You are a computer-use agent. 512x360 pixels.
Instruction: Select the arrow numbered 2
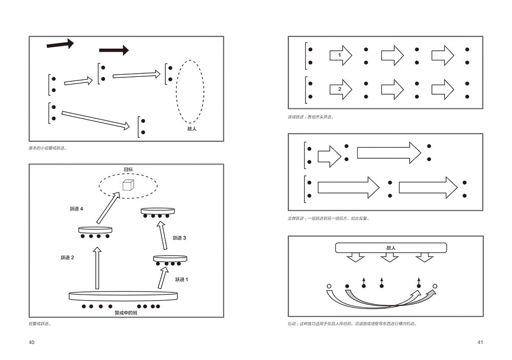[340, 89]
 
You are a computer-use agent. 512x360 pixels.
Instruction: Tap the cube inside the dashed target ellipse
[127, 184]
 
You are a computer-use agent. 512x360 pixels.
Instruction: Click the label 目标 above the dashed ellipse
[127, 170]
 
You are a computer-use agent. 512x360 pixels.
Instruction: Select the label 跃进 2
[68, 258]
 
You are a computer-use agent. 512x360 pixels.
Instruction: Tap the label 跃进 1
[182, 280]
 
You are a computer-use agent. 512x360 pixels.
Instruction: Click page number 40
[32, 342]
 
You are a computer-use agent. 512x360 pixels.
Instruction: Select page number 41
[480, 342]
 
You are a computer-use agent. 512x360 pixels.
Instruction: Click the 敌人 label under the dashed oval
[192, 129]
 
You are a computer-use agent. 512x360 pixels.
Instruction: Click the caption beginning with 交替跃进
[328, 218]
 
